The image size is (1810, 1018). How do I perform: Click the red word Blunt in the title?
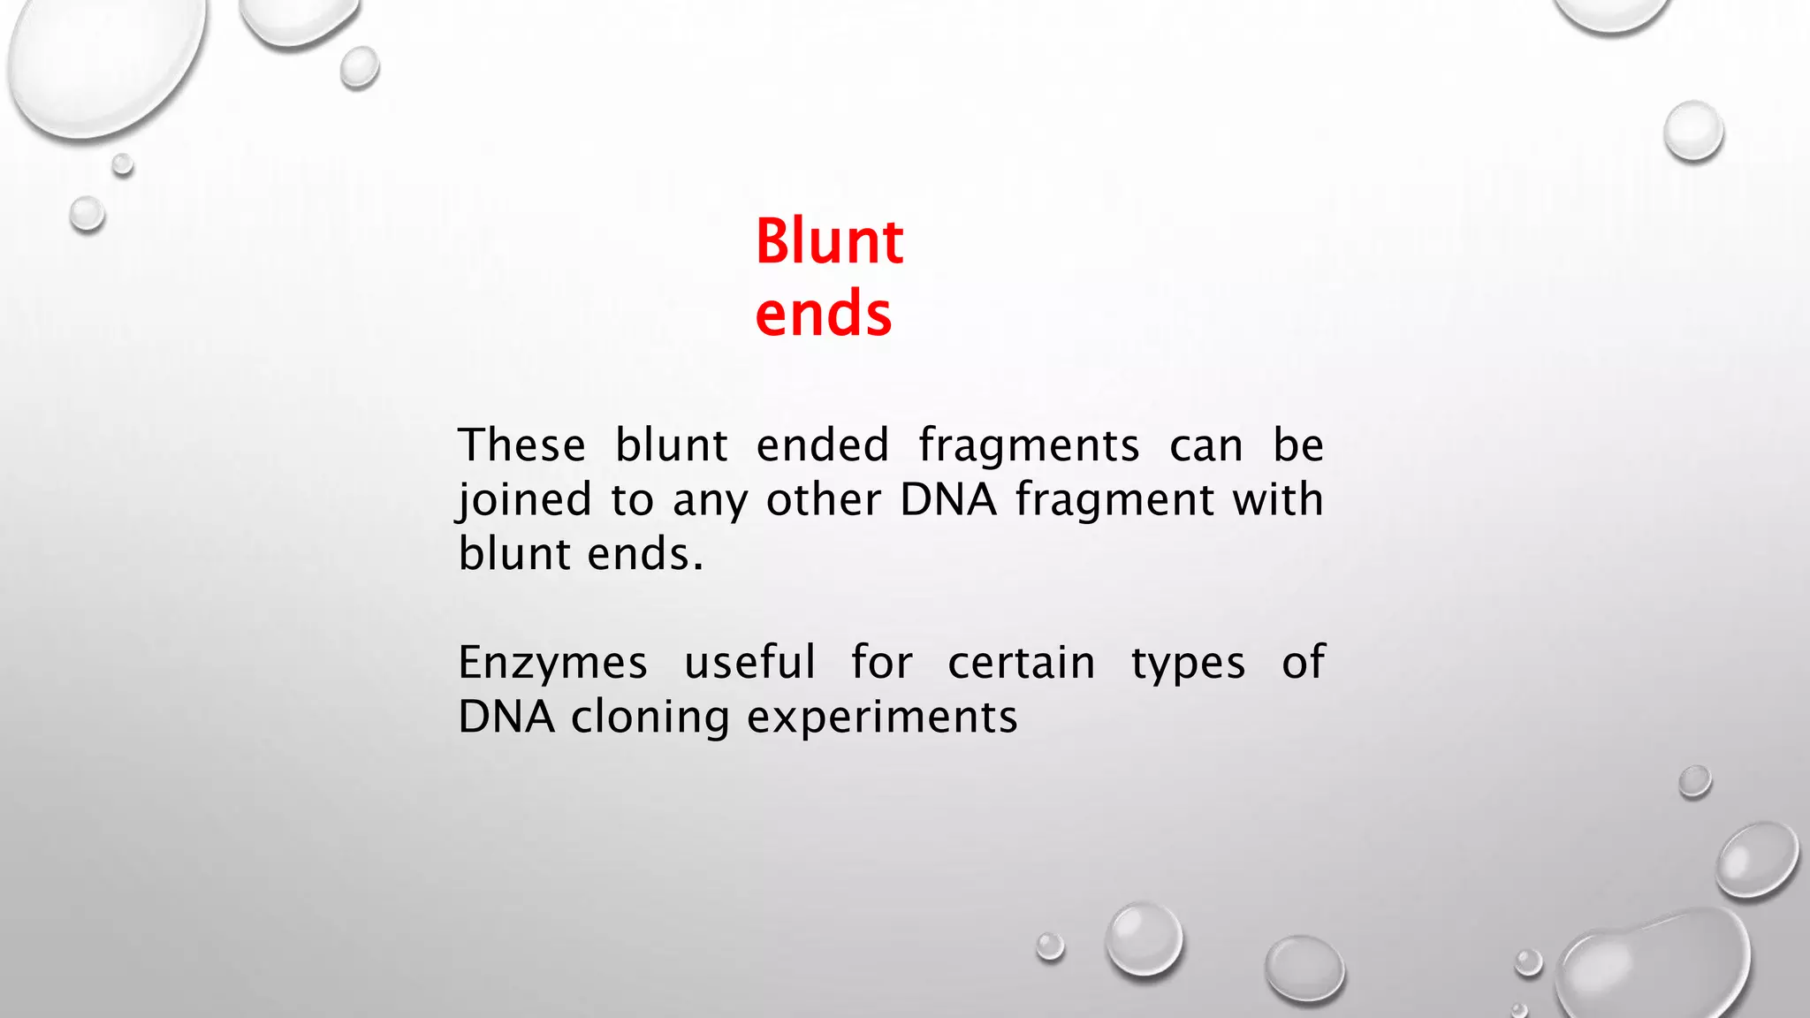pyautogui.click(x=829, y=241)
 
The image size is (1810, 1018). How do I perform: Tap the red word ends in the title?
pyautogui.click(x=823, y=315)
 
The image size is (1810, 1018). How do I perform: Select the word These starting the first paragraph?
pyautogui.click(x=521, y=444)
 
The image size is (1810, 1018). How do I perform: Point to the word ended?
pyautogui.click(x=822, y=444)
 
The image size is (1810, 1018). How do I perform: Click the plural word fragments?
pyautogui.click(x=1029, y=446)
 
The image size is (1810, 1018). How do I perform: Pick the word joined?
pyautogui.click(x=525, y=500)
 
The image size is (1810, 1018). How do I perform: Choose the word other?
pyautogui.click(x=824, y=500)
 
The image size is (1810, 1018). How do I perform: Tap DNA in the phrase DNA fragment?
pyautogui.click(x=948, y=500)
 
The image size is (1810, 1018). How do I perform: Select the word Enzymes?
pyautogui.click(x=552, y=664)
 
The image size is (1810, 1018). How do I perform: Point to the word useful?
pyautogui.click(x=749, y=662)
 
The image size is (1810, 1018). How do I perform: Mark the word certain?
pyautogui.click(x=1022, y=663)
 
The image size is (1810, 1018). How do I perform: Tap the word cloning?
pyautogui.click(x=650, y=718)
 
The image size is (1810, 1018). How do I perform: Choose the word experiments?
pyautogui.click(x=882, y=718)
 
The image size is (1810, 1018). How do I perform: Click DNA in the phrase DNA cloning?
pyautogui.click(x=506, y=717)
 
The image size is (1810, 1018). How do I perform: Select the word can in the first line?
pyautogui.click(x=1205, y=446)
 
